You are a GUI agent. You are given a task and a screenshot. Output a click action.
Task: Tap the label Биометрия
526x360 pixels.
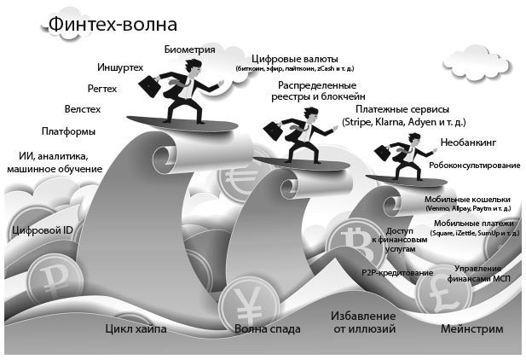click(x=189, y=50)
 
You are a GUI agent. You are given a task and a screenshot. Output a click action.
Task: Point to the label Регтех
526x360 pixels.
click(x=102, y=88)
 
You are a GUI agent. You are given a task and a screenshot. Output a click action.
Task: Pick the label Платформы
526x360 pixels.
click(x=68, y=131)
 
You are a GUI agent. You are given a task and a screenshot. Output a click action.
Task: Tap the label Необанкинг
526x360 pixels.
click(x=468, y=142)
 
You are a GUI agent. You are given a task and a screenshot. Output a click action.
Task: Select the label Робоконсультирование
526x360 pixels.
click(x=474, y=165)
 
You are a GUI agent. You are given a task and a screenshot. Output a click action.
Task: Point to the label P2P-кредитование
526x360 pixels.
click(x=397, y=272)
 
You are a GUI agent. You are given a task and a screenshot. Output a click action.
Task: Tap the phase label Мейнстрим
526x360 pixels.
click(x=471, y=328)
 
